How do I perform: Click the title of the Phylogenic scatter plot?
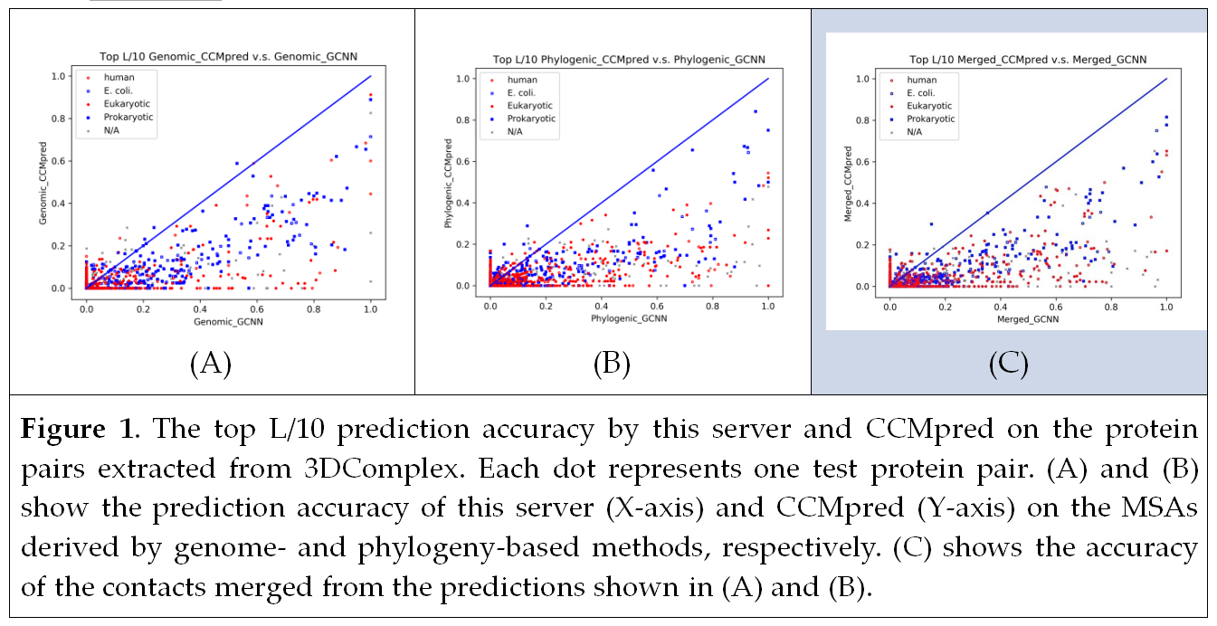coord(628,60)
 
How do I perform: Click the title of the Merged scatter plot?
coord(1027,60)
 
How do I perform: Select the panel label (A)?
coord(211,365)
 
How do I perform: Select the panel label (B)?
coord(612,365)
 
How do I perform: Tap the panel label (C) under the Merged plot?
coord(1009,365)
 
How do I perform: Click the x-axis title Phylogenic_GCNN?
coord(628,319)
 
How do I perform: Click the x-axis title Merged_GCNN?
coord(1027,320)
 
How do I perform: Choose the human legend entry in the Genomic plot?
coord(119,78)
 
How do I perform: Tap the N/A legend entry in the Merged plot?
coord(915,132)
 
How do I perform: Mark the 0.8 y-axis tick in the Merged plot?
coord(865,120)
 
